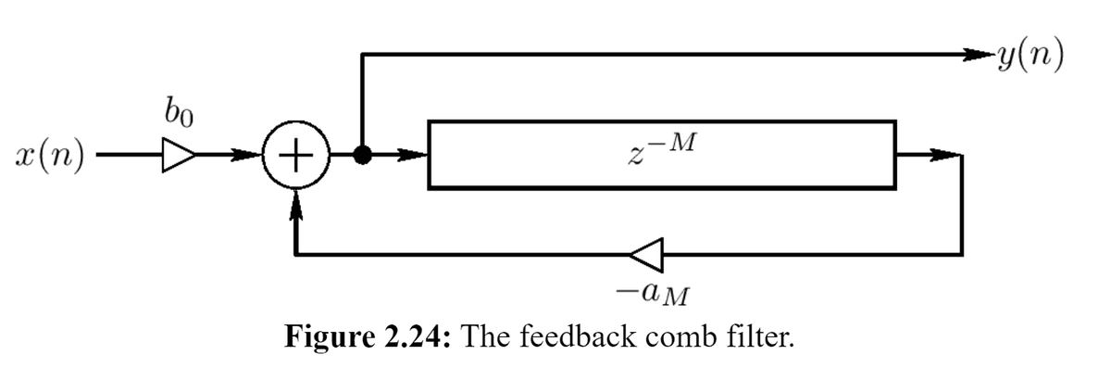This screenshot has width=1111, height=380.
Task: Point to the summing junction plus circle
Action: point(294,156)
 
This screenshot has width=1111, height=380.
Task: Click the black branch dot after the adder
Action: point(363,156)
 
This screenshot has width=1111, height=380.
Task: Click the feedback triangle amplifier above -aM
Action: point(648,251)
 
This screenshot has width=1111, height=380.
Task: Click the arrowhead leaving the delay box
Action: point(944,156)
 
